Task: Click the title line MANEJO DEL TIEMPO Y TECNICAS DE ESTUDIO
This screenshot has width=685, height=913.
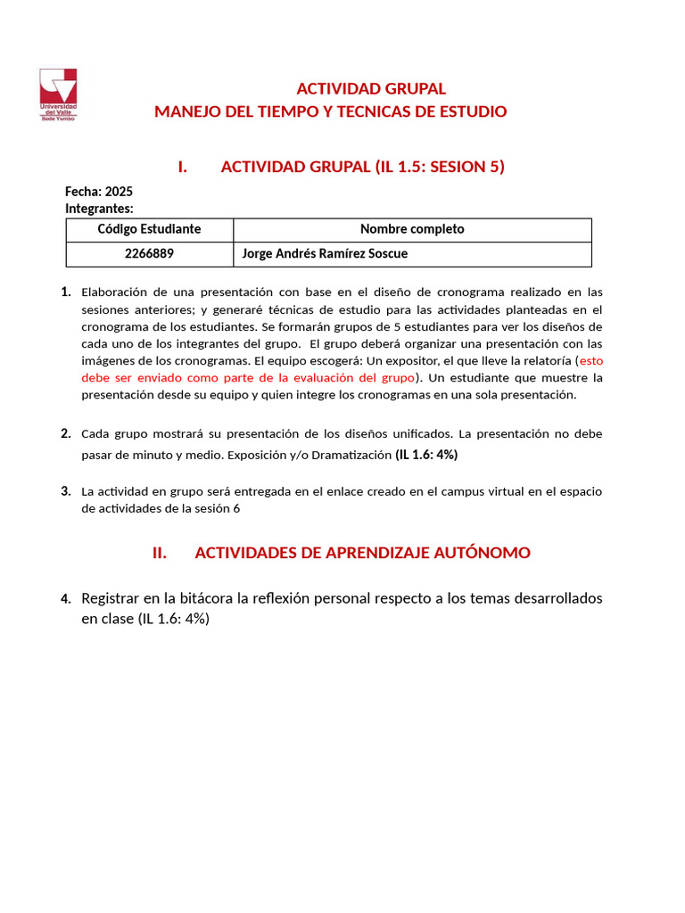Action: click(331, 111)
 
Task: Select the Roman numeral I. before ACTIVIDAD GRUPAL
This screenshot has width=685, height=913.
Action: click(182, 167)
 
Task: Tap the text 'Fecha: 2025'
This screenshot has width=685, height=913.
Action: click(99, 191)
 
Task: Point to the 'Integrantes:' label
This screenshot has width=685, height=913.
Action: click(99, 208)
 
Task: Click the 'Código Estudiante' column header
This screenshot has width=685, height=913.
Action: click(149, 229)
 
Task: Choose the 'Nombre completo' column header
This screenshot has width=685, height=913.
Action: click(411, 229)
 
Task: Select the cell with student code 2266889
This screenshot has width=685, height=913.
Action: click(149, 253)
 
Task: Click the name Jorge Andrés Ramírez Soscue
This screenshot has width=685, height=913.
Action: click(325, 253)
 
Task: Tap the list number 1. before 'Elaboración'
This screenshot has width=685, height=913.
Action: click(66, 292)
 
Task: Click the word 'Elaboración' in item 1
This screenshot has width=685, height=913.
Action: click(116, 292)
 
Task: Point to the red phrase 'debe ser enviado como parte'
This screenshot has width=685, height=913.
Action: click(169, 377)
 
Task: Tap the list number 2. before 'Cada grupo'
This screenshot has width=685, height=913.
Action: click(66, 433)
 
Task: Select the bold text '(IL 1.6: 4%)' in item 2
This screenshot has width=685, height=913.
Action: click(426, 454)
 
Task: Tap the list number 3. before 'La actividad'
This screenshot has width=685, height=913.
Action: click(66, 490)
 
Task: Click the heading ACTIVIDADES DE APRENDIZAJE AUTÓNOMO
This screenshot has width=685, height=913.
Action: click(362, 553)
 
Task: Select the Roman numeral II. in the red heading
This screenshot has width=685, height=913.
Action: click(160, 553)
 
